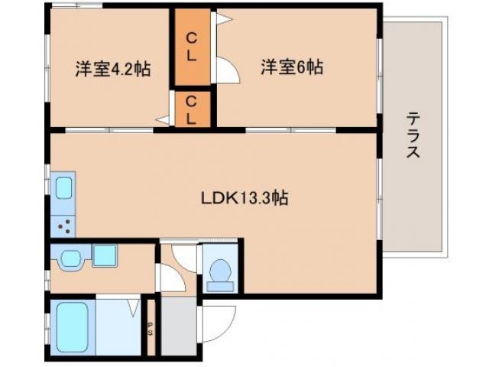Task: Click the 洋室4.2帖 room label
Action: tap(112, 69)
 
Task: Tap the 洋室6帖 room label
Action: tap(292, 67)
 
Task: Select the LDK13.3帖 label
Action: tap(244, 198)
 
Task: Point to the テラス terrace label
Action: tap(413, 135)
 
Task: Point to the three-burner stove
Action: tap(64, 225)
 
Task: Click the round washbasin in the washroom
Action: tap(70, 258)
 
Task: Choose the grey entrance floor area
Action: tap(178, 326)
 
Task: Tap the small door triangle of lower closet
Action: tap(164, 120)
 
